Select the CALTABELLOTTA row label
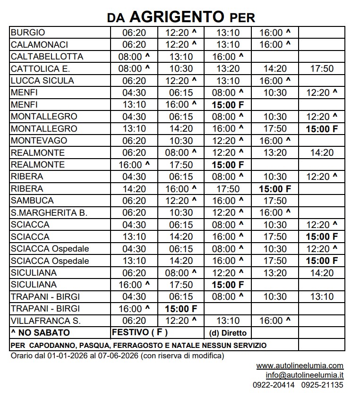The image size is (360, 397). [x=47, y=57]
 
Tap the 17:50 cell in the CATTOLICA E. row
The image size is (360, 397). [x=322, y=69]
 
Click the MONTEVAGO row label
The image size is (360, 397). [x=39, y=141]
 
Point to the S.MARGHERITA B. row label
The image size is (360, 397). [x=49, y=213]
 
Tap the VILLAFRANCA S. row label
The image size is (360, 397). [x=45, y=321]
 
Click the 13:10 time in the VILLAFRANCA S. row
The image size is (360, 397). [x=228, y=321]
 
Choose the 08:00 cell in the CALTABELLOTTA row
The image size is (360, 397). [x=134, y=57]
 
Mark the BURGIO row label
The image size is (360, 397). [x=28, y=33]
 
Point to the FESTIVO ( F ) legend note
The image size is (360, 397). [x=139, y=333]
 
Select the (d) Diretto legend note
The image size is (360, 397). [x=228, y=333]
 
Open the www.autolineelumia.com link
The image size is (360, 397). [x=300, y=366]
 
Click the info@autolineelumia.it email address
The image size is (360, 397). [x=304, y=375]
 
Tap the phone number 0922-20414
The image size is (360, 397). [x=274, y=385]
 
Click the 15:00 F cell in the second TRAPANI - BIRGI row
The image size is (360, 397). [x=181, y=309]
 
